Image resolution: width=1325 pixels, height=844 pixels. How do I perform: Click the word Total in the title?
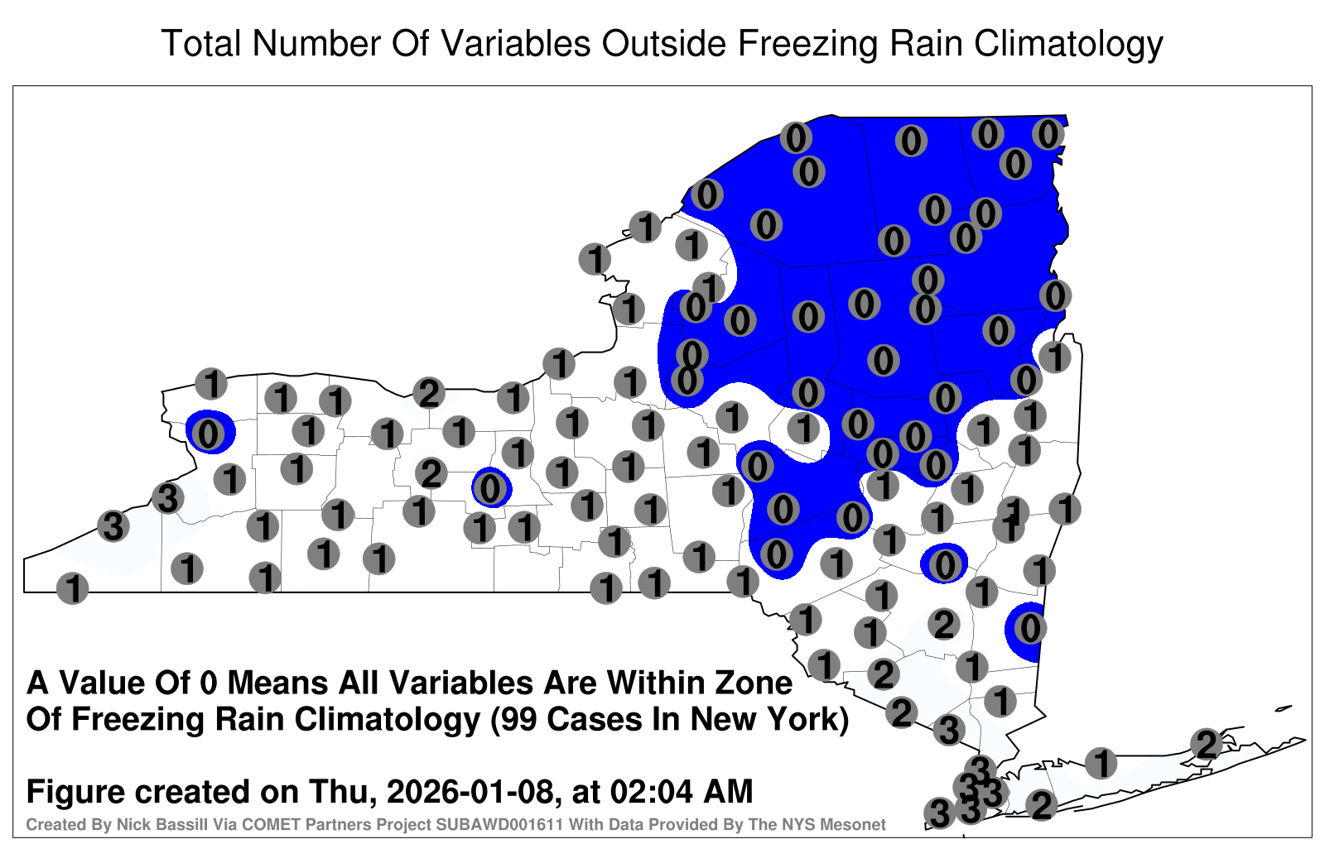pos(201,43)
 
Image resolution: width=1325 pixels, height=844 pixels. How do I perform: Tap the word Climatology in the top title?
pos(1068,45)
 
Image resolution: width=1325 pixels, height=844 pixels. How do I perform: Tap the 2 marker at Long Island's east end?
pos(1207,744)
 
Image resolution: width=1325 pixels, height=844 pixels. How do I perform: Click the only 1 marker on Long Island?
pos(1101,762)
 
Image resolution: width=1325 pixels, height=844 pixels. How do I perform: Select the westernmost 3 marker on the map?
pos(113,525)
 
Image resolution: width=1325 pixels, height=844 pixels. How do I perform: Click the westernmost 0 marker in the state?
pos(208,434)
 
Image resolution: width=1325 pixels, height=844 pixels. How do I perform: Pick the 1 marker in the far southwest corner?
pos(72,588)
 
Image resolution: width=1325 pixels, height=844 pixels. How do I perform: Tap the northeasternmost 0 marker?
pos(1048,134)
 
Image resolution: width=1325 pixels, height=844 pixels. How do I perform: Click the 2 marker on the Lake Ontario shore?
pos(429,393)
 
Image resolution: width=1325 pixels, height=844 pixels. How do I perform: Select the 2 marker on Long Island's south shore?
pos(1041,804)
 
